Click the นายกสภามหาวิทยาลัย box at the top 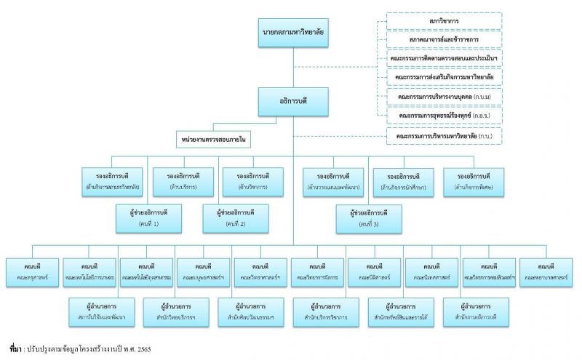coord(293,33)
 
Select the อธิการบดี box coord(293,102)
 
